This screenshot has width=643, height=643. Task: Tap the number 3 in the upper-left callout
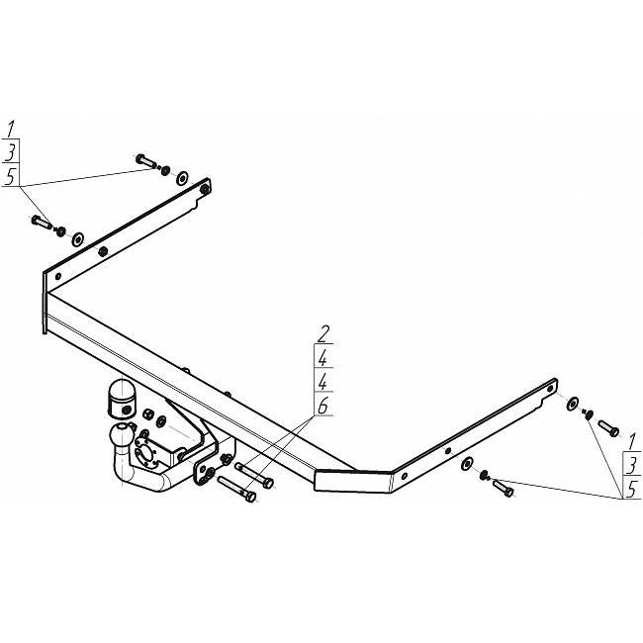tap(11, 152)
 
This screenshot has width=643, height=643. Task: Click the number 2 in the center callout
tap(323, 333)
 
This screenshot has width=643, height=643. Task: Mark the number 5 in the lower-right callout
tap(631, 489)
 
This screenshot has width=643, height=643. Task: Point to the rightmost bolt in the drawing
tap(607, 427)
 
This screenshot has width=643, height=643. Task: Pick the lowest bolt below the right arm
tap(503, 488)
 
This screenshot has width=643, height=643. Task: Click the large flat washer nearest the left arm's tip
tap(181, 178)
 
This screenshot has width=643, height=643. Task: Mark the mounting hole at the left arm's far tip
tap(204, 185)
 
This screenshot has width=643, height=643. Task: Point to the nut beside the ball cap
tap(148, 413)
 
